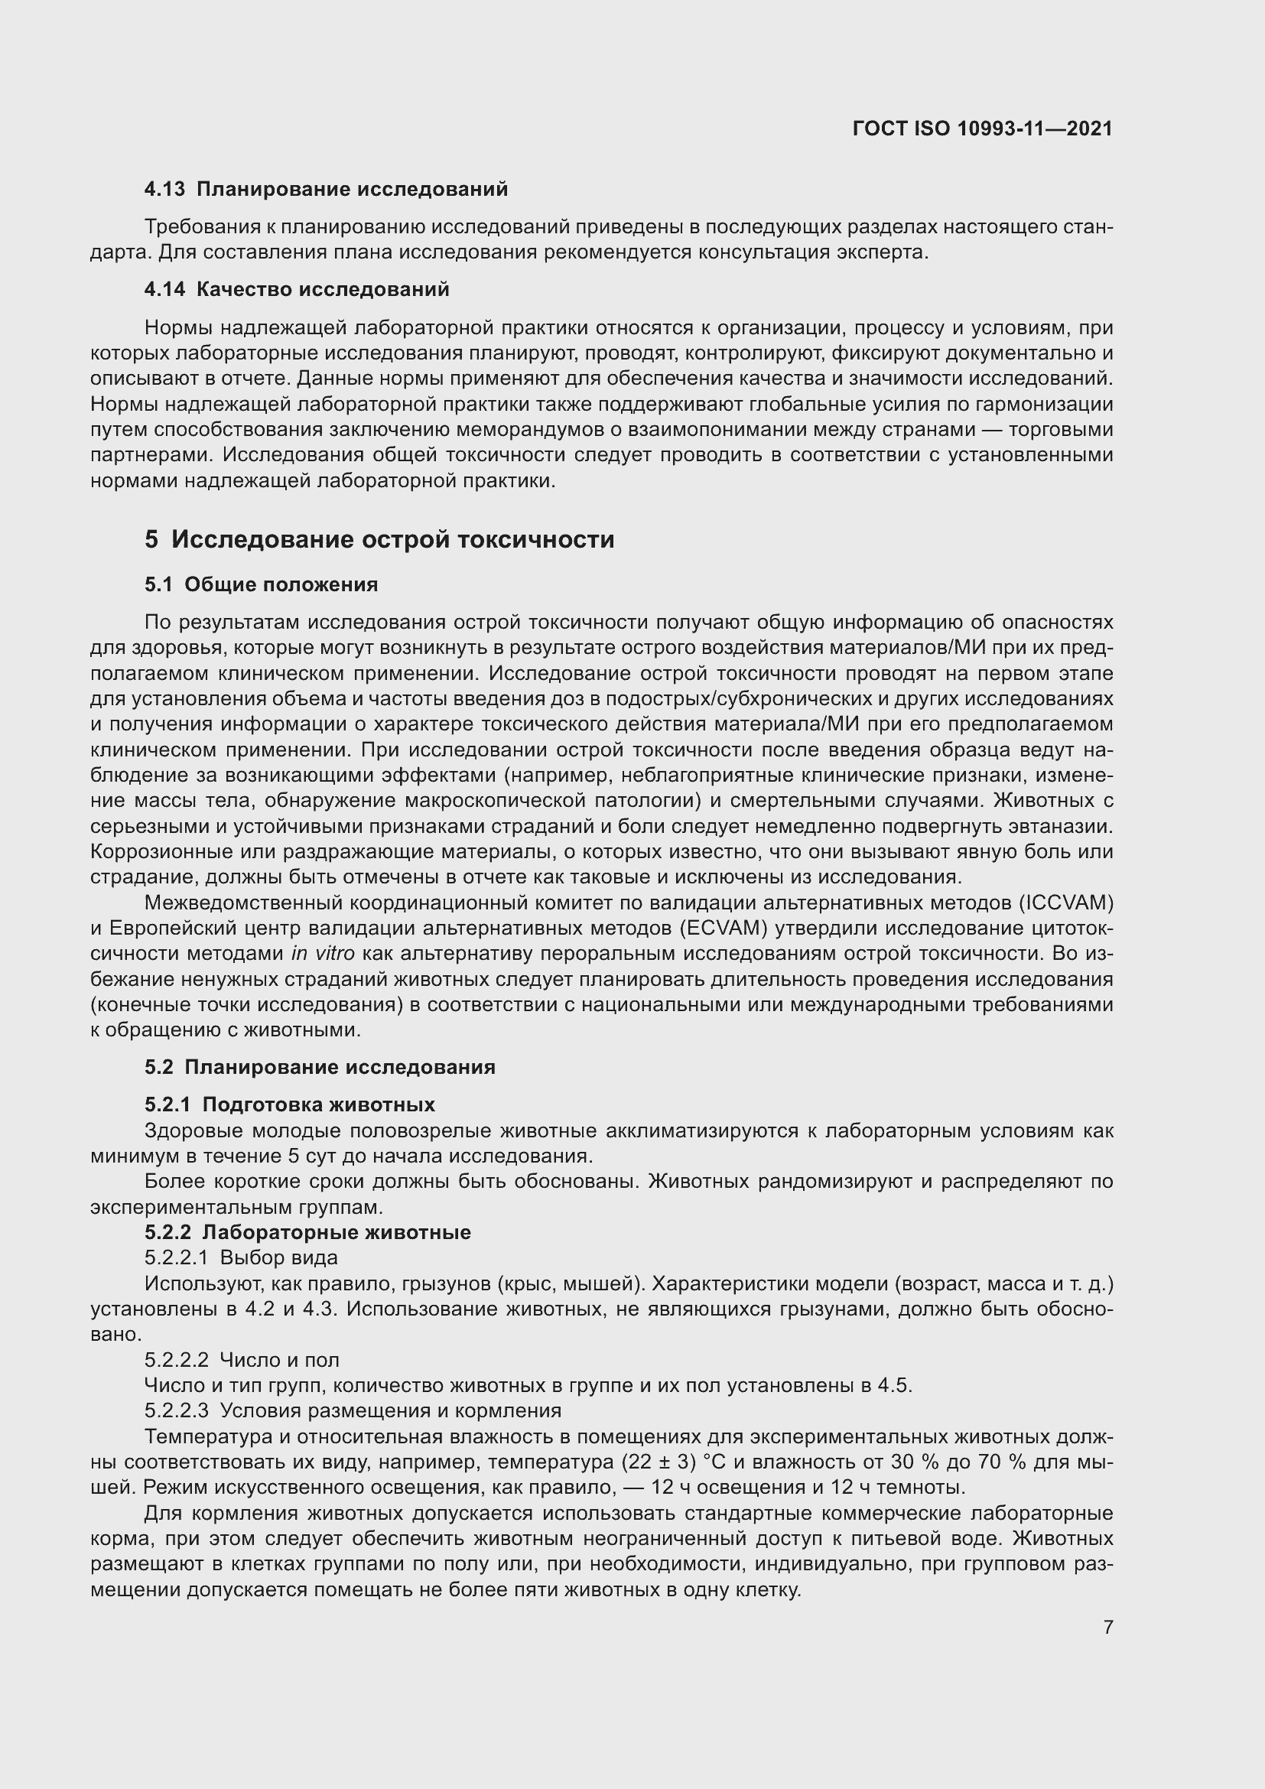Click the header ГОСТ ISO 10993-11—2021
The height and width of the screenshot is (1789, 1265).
point(982,128)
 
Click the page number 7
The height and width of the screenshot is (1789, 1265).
point(1107,1627)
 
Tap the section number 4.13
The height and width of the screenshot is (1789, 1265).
point(164,190)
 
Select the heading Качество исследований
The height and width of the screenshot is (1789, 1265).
point(323,290)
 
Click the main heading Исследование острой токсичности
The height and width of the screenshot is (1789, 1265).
point(392,540)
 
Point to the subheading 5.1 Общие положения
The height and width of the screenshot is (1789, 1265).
point(261,585)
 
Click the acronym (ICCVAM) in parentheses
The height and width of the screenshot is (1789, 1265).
point(1064,903)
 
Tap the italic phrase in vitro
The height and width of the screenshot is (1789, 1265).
point(323,954)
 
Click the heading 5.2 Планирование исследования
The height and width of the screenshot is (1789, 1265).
point(320,1068)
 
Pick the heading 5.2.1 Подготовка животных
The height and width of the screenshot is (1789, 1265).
point(289,1105)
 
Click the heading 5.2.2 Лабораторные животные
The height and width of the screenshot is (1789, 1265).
point(307,1233)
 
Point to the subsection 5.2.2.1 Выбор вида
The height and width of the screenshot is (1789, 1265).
point(241,1257)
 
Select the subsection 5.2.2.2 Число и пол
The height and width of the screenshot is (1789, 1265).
point(242,1360)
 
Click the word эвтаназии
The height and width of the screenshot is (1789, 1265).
point(1066,827)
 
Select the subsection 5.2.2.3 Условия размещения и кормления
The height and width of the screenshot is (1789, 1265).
point(352,1411)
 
